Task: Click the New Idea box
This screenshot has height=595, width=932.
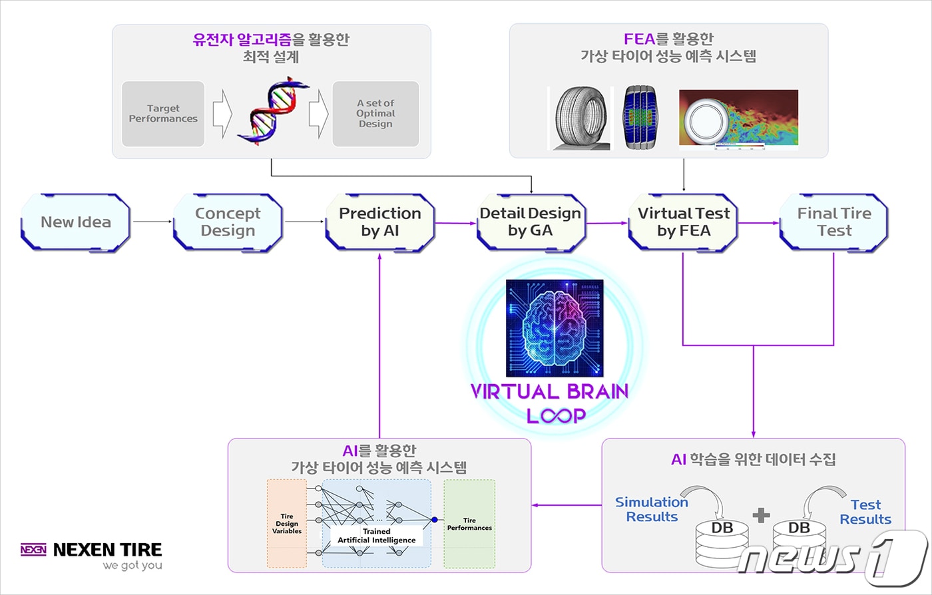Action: click(x=76, y=222)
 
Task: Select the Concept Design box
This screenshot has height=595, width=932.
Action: click(x=228, y=222)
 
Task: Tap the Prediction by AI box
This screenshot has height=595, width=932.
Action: click(x=380, y=222)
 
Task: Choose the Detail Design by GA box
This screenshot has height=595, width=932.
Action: click(x=531, y=222)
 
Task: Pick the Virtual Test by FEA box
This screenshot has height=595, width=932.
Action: click(x=684, y=222)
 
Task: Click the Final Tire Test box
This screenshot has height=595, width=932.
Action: click(x=834, y=222)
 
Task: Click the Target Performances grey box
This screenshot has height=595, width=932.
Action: click(x=163, y=114)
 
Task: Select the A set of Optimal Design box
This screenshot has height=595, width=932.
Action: click(x=375, y=114)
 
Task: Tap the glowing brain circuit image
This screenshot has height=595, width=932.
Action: click(x=555, y=328)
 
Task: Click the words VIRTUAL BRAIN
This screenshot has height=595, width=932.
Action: click(x=549, y=392)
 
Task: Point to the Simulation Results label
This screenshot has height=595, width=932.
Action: click(x=652, y=510)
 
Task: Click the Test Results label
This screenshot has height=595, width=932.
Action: click(x=865, y=512)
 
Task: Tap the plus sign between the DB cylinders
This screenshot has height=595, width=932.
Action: click(x=761, y=514)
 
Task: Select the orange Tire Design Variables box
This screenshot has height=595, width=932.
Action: click(x=287, y=524)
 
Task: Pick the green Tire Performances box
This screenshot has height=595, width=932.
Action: click(x=469, y=524)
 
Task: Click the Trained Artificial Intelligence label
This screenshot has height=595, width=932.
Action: click(x=377, y=536)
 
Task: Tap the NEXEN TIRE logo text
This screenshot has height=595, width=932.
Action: click(x=107, y=550)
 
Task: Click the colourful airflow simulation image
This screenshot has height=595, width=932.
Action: click(x=738, y=119)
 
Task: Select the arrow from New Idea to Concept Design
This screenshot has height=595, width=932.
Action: click(x=152, y=222)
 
